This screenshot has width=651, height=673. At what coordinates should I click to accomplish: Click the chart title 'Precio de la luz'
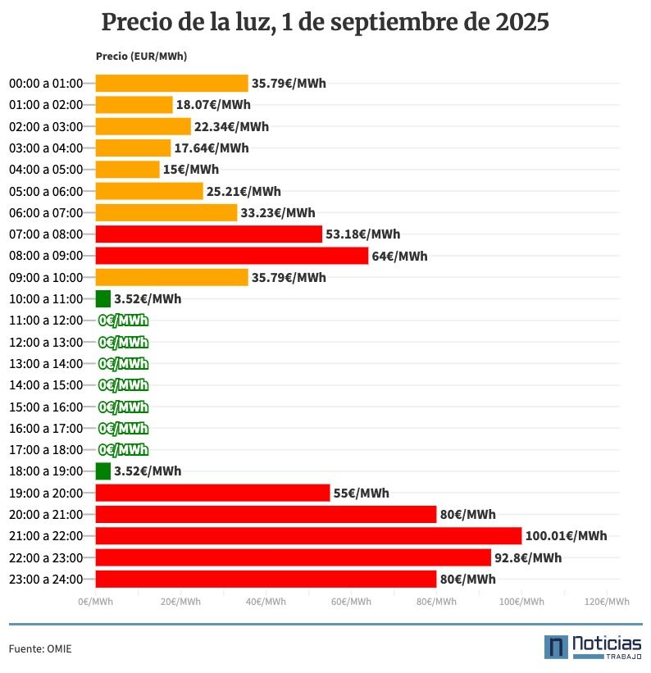(x=325, y=23)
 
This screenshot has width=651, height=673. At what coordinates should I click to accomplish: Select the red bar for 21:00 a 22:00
(x=308, y=536)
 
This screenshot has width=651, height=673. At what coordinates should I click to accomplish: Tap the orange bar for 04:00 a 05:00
(x=127, y=170)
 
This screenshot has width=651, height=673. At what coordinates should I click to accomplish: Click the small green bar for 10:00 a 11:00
(x=103, y=299)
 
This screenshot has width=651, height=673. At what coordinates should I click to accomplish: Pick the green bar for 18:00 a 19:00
(x=103, y=471)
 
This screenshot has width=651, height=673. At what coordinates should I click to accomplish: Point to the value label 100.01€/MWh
(x=567, y=536)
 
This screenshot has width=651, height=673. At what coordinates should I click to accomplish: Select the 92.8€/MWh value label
(x=528, y=558)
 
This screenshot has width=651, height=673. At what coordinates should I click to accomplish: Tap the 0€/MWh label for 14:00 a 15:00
(x=123, y=385)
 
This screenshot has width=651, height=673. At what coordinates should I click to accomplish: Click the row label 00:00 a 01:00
(x=46, y=84)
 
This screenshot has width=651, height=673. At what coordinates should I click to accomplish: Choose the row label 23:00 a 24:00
(x=46, y=580)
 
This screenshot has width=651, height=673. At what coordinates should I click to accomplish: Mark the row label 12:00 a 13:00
(x=46, y=343)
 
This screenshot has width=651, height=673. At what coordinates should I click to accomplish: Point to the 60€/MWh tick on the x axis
(x=351, y=602)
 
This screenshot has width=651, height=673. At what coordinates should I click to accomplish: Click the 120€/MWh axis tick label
(x=607, y=602)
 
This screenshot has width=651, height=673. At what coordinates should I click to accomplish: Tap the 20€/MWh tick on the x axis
(x=180, y=602)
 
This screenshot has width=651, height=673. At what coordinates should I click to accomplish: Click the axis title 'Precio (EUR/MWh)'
(x=141, y=57)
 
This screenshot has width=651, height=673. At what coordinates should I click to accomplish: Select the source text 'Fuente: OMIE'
(x=40, y=649)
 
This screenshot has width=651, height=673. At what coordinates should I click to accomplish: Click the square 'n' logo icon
(x=556, y=647)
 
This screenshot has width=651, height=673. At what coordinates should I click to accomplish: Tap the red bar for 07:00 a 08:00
(x=208, y=234)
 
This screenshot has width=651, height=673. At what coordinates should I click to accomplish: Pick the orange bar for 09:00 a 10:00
(x=171, y=278)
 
